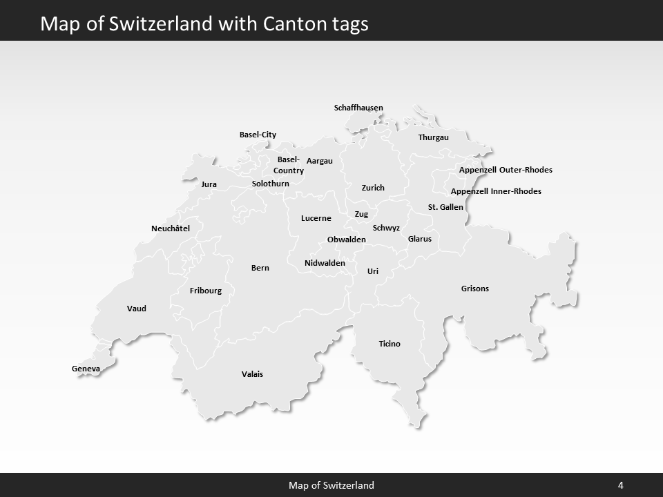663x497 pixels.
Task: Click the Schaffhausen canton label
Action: click(358, 108)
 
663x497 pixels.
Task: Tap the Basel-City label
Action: click(258, 135)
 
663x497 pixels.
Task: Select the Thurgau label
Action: click(433, 137)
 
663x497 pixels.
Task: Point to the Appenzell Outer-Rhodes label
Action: click(506, 170)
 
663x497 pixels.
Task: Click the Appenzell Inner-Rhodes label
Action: click(496, 191)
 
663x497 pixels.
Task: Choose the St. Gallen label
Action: click(445, 207)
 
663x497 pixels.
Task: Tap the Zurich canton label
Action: click(373, 188)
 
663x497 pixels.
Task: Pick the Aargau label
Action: click(320, 161)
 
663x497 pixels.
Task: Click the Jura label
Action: click(209, 184)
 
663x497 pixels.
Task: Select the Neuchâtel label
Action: click(171, 228)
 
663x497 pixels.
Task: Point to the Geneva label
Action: click(86, 369)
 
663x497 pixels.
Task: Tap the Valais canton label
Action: click(252, 374)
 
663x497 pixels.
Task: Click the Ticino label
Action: click(390, 344)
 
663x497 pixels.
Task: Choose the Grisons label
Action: click(474, 289)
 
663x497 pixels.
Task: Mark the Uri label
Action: click(373, 271)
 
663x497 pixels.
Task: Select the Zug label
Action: click(361, 214)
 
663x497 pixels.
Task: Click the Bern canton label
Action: click(260, 268)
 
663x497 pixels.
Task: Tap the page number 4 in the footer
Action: click(621, 485)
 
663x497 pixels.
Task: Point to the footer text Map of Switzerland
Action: click(331, 485)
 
